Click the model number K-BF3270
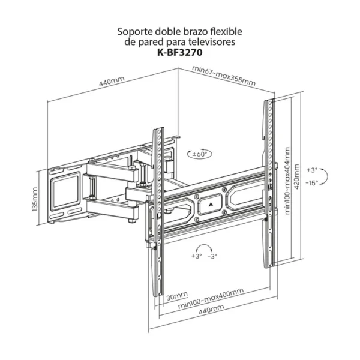pos(180,53)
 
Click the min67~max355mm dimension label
pos(224,76)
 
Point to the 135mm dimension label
pos(35,199)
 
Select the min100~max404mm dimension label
pos(287,181)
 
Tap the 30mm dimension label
pos(177,296)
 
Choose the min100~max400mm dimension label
pos(211,298)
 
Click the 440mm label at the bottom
pos(211,309)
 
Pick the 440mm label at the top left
pos(112,81)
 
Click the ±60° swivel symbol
pos(200,154)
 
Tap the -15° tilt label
pos(312,183)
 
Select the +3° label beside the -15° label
pos(312,170)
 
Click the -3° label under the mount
pos(212,256)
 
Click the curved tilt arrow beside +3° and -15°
pos(325,176)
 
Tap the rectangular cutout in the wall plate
pos(65,191)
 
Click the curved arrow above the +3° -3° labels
pos(204,248)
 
